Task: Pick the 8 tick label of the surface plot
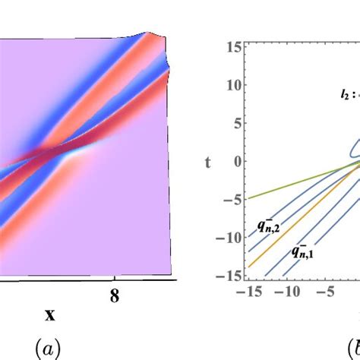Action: (115, 295)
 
